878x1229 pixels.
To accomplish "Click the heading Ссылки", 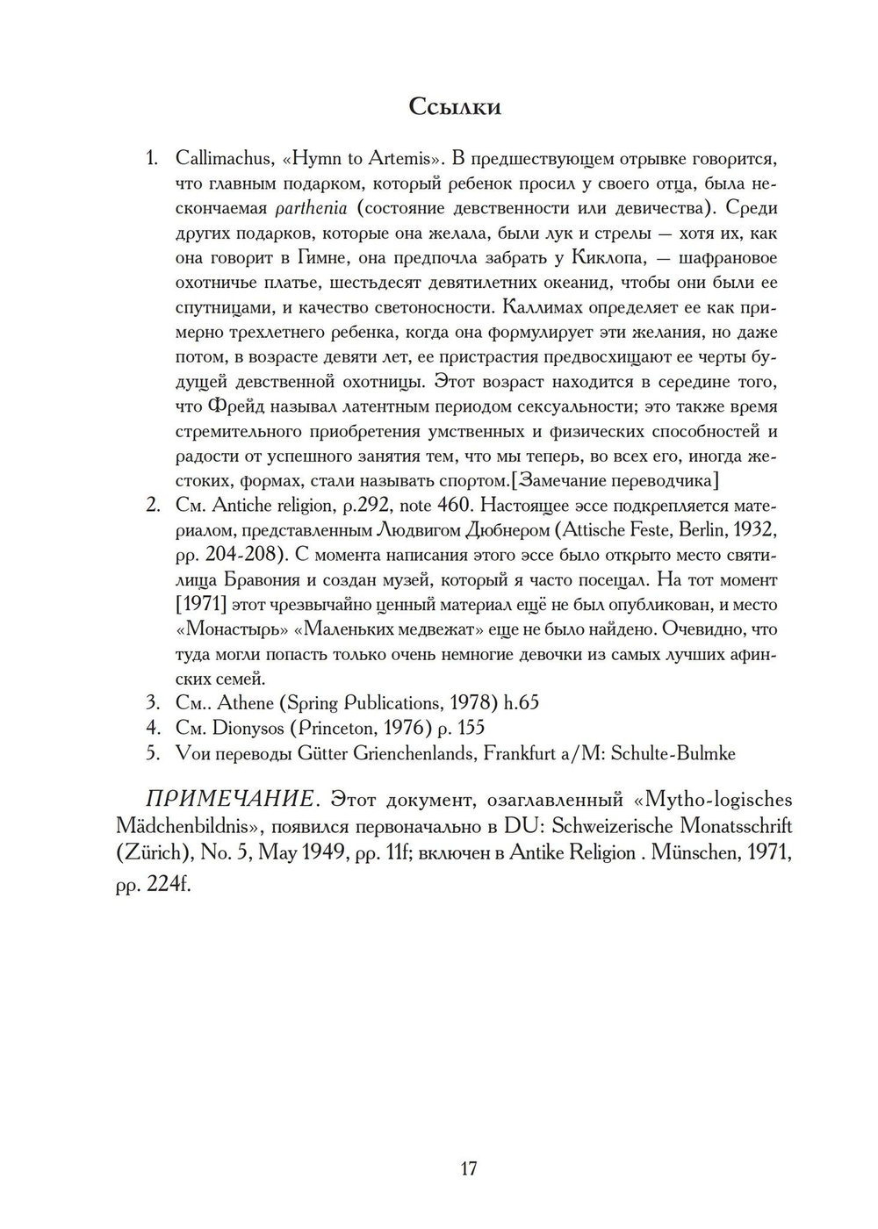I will (455, 107).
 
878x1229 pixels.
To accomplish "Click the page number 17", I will (468, 1168).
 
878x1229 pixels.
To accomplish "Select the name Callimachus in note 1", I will (223, 159).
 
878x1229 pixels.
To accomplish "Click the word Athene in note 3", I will (246, 703).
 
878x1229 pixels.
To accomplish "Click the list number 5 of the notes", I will (153, 753).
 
